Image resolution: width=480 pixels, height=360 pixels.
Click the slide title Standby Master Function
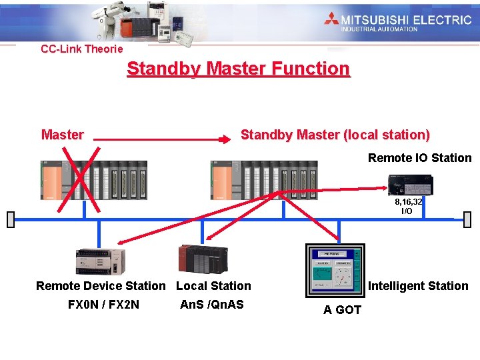point(238,69)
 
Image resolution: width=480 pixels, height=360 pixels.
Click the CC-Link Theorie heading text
point(82,49)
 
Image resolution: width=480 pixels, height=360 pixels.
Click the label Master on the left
point(62,135)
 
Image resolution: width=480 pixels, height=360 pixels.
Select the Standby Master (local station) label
point(335,135)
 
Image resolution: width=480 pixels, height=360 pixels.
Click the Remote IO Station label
point(419,158)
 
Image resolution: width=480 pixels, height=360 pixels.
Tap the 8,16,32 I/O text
point(407,206)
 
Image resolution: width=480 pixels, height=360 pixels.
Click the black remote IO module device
point(411,183)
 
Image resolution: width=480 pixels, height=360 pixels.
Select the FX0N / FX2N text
point(103,305)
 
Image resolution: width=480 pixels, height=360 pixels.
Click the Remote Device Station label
point(101,286)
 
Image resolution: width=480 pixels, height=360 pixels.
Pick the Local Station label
point(213,286)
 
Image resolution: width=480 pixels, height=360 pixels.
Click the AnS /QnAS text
point(212,305)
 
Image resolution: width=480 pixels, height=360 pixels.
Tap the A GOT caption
point(342,310)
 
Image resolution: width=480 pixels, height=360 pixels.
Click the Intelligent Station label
point(418,286)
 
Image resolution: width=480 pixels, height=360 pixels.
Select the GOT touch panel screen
point(334,270)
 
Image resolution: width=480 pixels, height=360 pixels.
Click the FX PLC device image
point(100,261)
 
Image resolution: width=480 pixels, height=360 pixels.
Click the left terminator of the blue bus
point(10,219)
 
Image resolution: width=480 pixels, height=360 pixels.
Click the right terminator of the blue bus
point(467,219)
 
